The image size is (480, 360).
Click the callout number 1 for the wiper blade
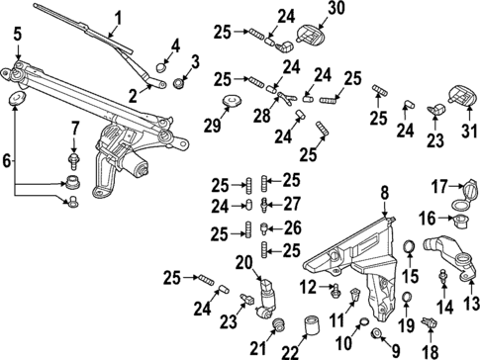tap(118, 17)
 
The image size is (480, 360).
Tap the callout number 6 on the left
tap(9, 159)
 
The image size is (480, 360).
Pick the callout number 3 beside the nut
tap(195, 62)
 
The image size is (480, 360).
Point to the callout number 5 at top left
tap(17, 37)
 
